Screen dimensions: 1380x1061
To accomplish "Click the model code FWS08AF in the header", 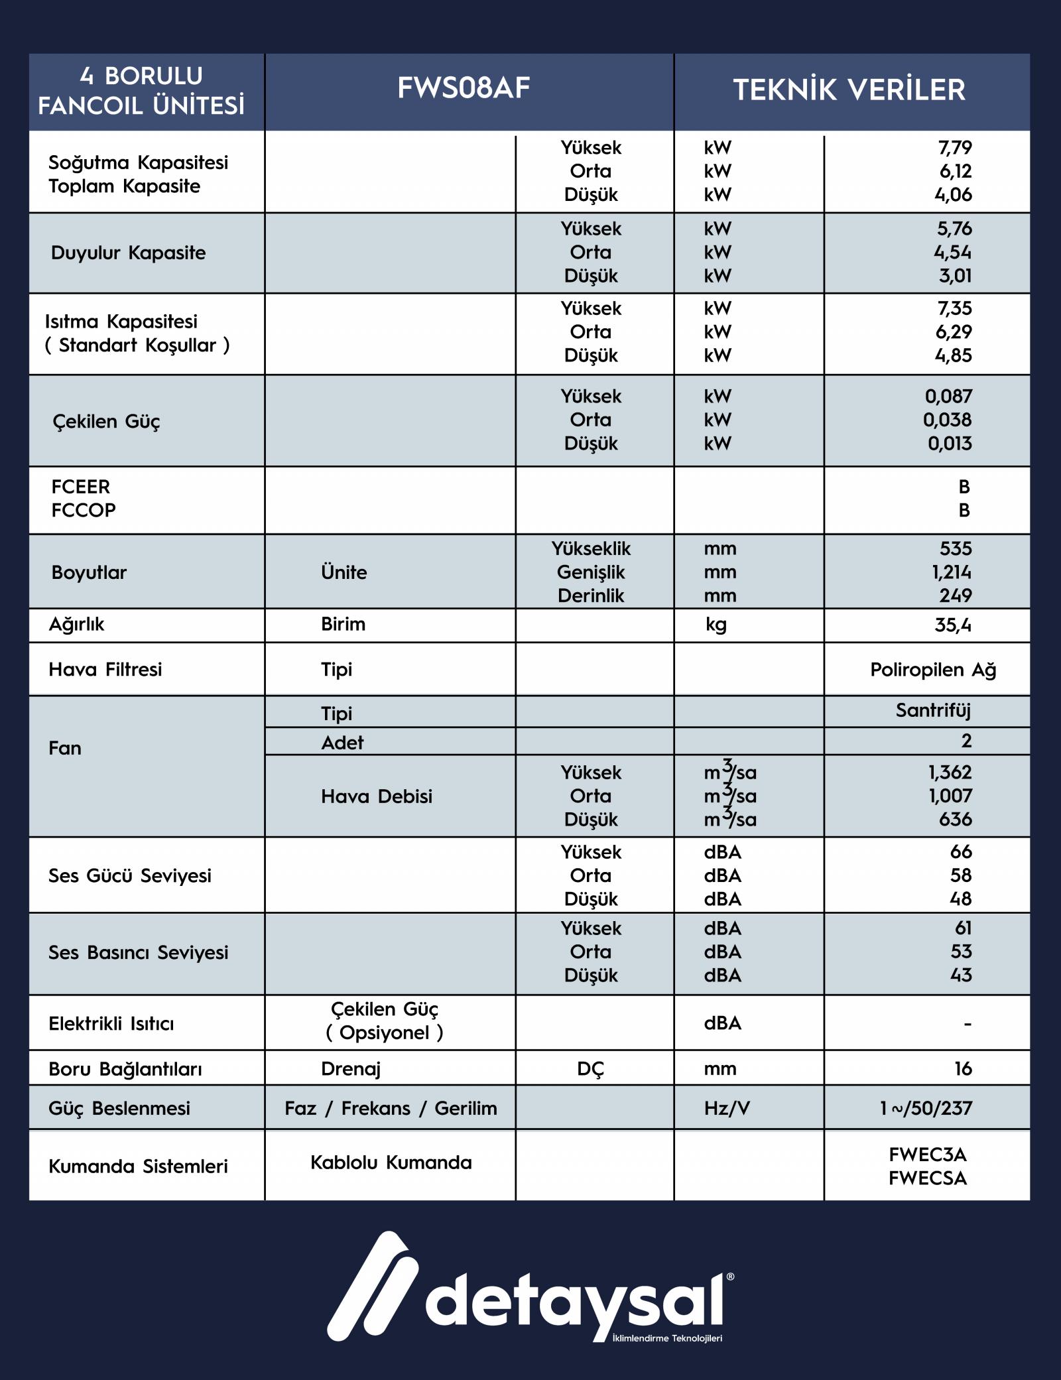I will coord(464,89).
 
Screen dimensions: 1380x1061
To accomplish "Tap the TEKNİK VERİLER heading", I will coord(849,90).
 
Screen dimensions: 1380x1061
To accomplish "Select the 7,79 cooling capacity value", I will coord(955,148).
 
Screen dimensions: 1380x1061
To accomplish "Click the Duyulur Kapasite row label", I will coord(128,253).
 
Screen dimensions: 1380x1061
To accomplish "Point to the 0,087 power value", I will coord(948,397).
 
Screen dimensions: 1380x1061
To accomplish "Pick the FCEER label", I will coord(80,487).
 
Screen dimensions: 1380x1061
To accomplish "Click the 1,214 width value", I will coord(952,572).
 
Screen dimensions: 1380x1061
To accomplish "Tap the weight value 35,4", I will coord(952,625).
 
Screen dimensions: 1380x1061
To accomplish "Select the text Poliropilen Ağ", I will coord(933,670).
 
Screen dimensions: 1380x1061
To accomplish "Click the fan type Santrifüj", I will coord(933,711).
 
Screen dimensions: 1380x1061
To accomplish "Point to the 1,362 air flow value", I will coord(950,773).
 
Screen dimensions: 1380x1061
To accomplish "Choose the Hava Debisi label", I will coord(376,796).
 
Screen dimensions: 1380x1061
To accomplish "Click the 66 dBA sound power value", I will coord(960,852).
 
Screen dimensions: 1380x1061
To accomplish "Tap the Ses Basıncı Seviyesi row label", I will coord(138,953).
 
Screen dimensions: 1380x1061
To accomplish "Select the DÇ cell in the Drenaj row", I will coord(590,1069).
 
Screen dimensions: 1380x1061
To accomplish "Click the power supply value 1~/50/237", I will coord(926,1108).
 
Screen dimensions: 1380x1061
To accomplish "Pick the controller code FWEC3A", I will coord(927,1155).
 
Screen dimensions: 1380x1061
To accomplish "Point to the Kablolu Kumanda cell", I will coord(391,1162).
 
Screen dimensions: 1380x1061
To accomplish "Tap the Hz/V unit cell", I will coord(726,1108).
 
